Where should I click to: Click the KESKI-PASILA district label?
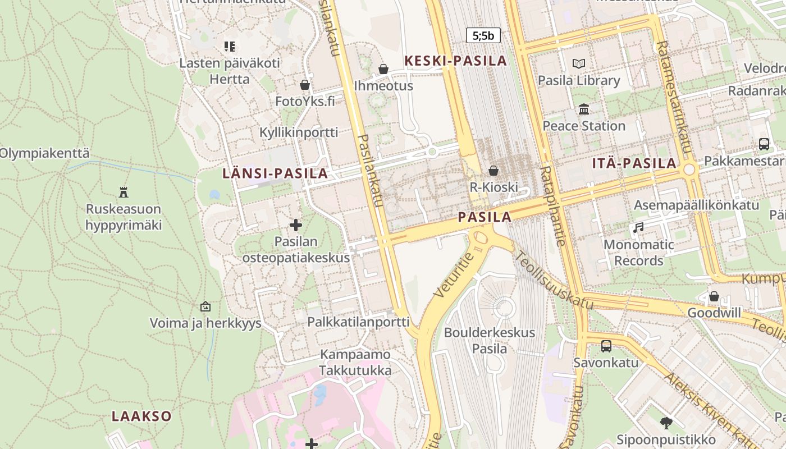pos(456,61)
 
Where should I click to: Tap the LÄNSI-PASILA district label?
pos(275,173)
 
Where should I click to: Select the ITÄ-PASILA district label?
pos(634,164)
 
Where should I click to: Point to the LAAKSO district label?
pos(141,416)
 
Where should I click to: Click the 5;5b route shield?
pos(483,36)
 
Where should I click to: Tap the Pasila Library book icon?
pos(579,64)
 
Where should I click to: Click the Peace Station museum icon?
pos(584,109)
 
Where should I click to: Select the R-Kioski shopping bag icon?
pos(493,171)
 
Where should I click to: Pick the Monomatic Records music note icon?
pos(638,228)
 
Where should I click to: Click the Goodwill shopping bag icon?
pos(714,296)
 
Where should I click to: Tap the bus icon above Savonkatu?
pos(606,346)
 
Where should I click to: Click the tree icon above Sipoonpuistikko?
pos(666,423)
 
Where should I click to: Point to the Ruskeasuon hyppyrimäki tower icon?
pos(124,193)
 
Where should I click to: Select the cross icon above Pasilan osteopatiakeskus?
pos(296,226)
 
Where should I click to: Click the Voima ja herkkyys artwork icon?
pos(205,306)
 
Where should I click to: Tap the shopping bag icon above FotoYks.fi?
pos(305,85)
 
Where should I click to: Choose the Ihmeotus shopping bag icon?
pos(383,69)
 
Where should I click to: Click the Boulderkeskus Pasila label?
pos(490,341)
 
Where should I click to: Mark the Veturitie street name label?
pos(454,274)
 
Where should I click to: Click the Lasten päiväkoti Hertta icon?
pos(229,46)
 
